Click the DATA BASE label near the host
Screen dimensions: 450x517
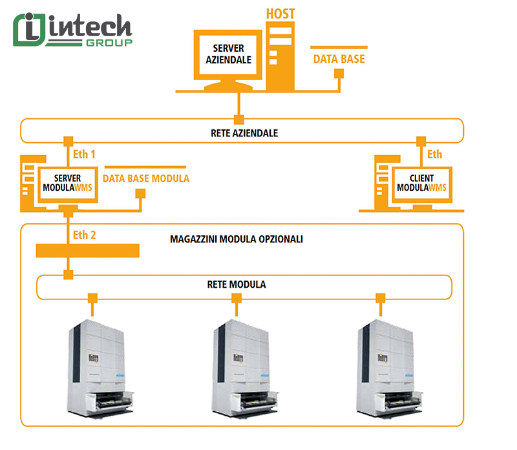339,59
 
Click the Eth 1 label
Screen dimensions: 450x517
84,155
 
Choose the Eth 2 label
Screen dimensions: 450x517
85,235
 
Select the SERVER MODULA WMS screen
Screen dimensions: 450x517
69,183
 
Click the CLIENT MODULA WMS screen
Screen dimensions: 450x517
421,183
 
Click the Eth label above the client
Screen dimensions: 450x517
434,155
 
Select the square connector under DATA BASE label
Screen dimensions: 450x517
337,74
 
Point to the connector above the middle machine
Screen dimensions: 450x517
237,298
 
